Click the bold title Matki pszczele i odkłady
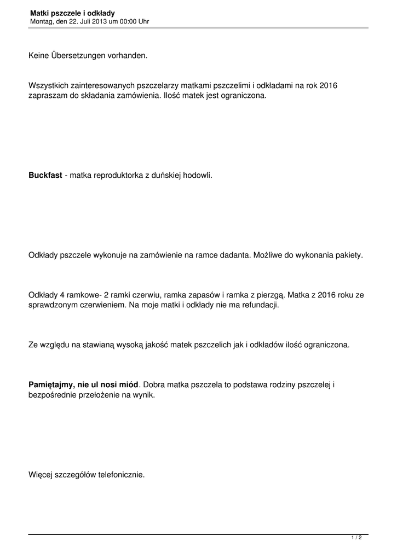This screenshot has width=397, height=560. [x=72, y=13]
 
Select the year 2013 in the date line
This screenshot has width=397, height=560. [x=90, y=21]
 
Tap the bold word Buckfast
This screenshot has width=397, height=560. [x=45, y=176]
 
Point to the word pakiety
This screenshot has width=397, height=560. [x=349, y=255]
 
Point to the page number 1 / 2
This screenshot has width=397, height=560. [x=356, y=538]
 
